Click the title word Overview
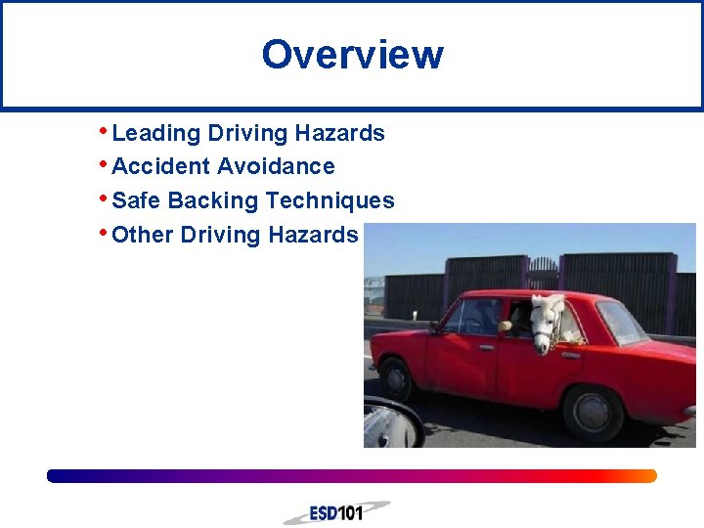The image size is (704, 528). [x=352, y=55]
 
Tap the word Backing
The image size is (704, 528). [x=214, y=200]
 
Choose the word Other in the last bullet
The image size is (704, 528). [x=144, y=235]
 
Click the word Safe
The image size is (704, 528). [x=137, y=200]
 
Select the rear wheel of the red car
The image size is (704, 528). [x=593, y=412]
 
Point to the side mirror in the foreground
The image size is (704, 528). [x=391, y=424]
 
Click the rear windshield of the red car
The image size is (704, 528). [x=621, y=322]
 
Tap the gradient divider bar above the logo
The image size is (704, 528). [x=352, y=476]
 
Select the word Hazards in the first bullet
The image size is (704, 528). [x=345, y=133]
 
